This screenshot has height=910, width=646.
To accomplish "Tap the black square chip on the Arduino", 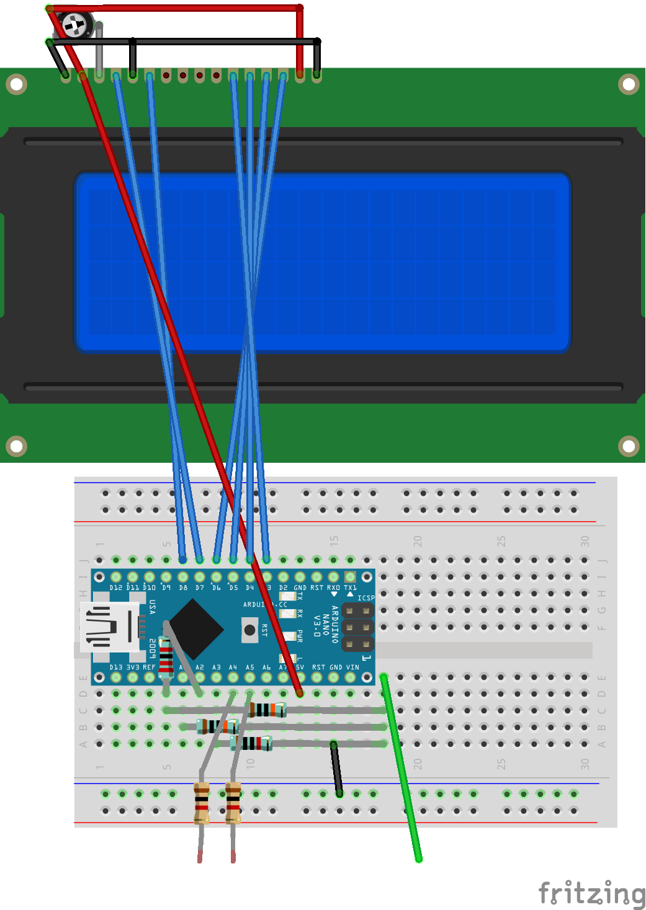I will (x=195, y=629).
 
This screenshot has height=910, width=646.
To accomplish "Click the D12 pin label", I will (x=116, y=587).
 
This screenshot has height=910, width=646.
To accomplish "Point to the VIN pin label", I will (x=352, y=667).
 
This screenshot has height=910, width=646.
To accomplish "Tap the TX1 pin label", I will (x=351, y=587).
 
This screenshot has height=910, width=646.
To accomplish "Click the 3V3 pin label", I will (x=133, y=667).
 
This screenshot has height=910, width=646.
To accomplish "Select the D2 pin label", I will (x=284, y=587).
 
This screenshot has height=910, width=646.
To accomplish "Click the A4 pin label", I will (x=233, y=667).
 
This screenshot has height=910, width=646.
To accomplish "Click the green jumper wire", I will (x=402, y=769).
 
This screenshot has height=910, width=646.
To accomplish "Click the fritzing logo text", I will (x=591, y=894).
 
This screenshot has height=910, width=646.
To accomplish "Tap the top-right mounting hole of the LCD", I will (x=629, y=84).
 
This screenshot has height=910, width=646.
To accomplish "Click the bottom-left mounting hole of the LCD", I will (x=17, y=445).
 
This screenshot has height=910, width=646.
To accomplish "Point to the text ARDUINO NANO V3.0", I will (x=326, y=623).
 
